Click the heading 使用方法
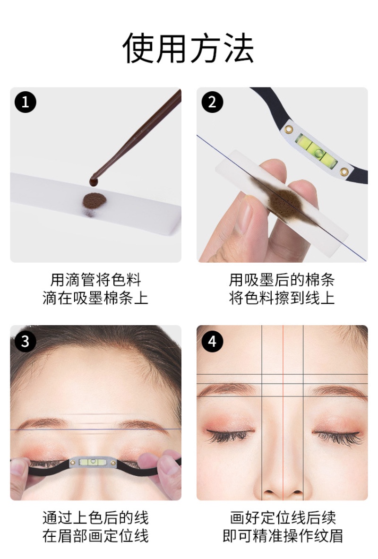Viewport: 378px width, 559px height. coord(189,49)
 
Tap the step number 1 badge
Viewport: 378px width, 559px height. coord(26,103)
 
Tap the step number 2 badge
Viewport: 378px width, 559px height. coord(212,103)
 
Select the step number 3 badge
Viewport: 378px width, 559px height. coord(26,341)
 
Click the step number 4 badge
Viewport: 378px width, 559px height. coord(212,341)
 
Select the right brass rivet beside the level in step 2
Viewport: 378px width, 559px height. coord(344,170)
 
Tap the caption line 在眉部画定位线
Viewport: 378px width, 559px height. coord(95,536)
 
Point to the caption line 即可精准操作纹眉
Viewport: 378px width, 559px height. coord(282,536)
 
